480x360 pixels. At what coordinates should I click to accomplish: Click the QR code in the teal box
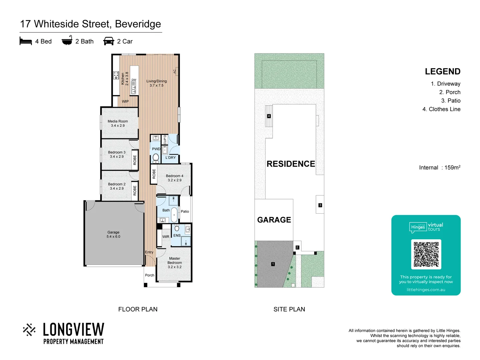coord(426,254)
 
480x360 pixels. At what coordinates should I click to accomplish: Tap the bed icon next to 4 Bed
coord(26,41)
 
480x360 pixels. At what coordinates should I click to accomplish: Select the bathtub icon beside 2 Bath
coord(67,40)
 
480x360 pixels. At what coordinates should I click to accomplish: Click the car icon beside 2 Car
coord(109,41)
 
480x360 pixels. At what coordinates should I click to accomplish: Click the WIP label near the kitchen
coord(125,101)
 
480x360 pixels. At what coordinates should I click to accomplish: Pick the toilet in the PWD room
coord(156,158)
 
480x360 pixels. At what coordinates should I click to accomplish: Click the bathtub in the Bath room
coord(174,215)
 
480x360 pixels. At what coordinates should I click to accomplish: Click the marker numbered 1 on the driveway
coord(273,264)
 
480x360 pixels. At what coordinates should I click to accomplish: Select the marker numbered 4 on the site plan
coord(269,116)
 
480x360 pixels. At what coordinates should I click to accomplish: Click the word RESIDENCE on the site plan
coord(291,164)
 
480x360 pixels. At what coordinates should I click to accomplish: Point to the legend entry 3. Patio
coord(451,101)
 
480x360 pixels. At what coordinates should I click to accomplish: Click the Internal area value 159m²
coord(452,168)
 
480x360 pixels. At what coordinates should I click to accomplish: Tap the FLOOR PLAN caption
coord(138,309)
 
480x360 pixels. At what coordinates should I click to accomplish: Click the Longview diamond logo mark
coord(29,330)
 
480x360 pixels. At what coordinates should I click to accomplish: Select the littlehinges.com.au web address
coord(426,290)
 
